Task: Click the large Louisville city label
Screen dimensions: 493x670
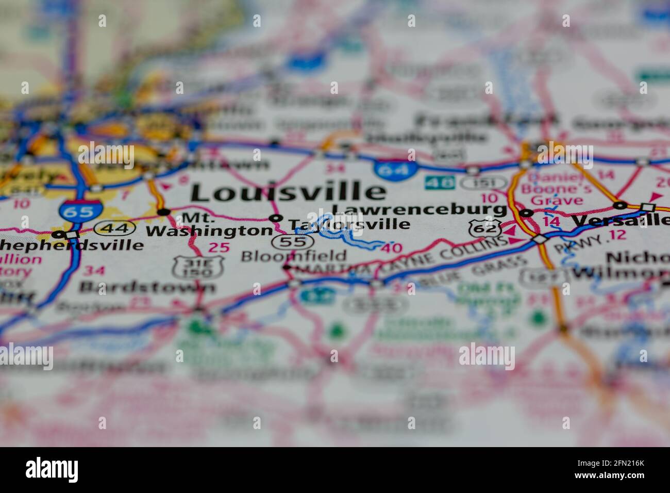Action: (x=288, y=192)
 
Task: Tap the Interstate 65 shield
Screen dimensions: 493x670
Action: (x=73, y=210)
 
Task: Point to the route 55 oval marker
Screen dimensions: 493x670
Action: (x=292, y=241)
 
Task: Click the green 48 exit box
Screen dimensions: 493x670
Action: (x=440, y=182)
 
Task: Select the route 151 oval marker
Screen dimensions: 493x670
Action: (x=477, y=183)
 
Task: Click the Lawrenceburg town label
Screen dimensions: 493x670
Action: (x=419, y=209)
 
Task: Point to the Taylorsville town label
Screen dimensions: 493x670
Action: (x=349, y=224)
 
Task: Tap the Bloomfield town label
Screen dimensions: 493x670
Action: (x=294, y=255)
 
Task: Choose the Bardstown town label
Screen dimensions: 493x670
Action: (x=147, y=286)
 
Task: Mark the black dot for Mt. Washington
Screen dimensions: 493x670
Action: (x=164, y=211)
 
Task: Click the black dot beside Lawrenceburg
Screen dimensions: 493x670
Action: (x=526, y=212)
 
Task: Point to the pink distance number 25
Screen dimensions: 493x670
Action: (x=219, y=248)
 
